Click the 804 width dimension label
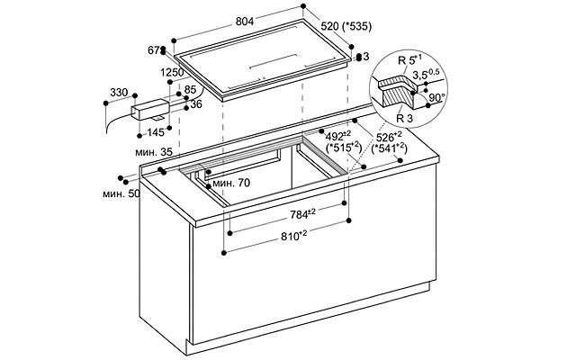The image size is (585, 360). coord(245,22)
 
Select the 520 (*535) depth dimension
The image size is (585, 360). coord(346,26)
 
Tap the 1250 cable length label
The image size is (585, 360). coord(173,72)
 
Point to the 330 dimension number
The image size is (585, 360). coord(119,92)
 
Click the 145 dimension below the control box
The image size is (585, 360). coord(156,132)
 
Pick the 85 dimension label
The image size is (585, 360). coord(190,90)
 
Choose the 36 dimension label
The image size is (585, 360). coord(196,104)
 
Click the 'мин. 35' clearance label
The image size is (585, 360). coord(154,152)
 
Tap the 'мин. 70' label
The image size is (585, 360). coord(231,184)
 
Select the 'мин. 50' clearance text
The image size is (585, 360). coord(121,193)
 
